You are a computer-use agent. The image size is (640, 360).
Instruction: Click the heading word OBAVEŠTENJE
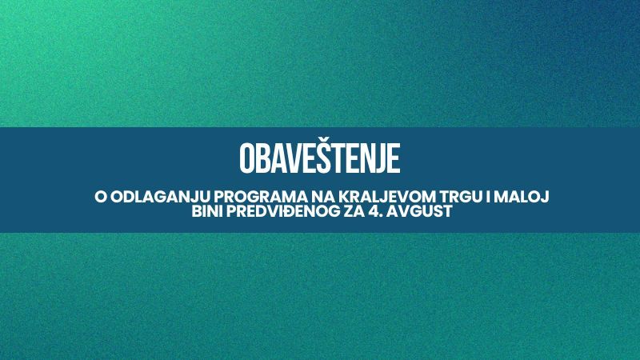click(x=319, y=157)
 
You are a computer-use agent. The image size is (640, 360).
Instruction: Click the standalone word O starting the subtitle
click(x=101, y=197)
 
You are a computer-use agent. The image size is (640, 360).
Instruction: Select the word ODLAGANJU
click(x=161, y=197)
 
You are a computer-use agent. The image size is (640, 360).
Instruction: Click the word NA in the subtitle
click(x=324, y=197)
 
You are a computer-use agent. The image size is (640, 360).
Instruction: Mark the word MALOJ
click(x=522, y=197)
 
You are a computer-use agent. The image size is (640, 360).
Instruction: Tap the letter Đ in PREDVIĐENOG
click(x=293, y=211)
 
